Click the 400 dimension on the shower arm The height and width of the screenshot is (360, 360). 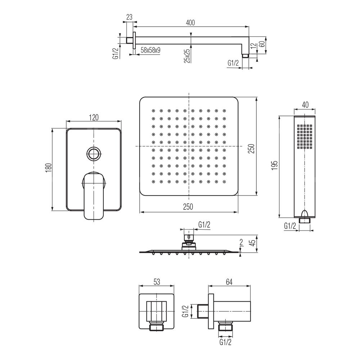pos(190,23)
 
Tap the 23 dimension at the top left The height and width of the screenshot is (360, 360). pos(129,17)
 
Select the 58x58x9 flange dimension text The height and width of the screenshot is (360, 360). pos(150,50)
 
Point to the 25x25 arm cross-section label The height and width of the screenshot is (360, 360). pos(187,56)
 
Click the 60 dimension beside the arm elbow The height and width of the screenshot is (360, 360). pos(262,43)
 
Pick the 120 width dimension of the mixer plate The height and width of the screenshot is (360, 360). pos(94,117)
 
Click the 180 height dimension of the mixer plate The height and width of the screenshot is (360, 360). pos(49,168)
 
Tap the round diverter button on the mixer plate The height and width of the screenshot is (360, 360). pos(94,154)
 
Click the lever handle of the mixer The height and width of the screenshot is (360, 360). pos(94,195)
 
